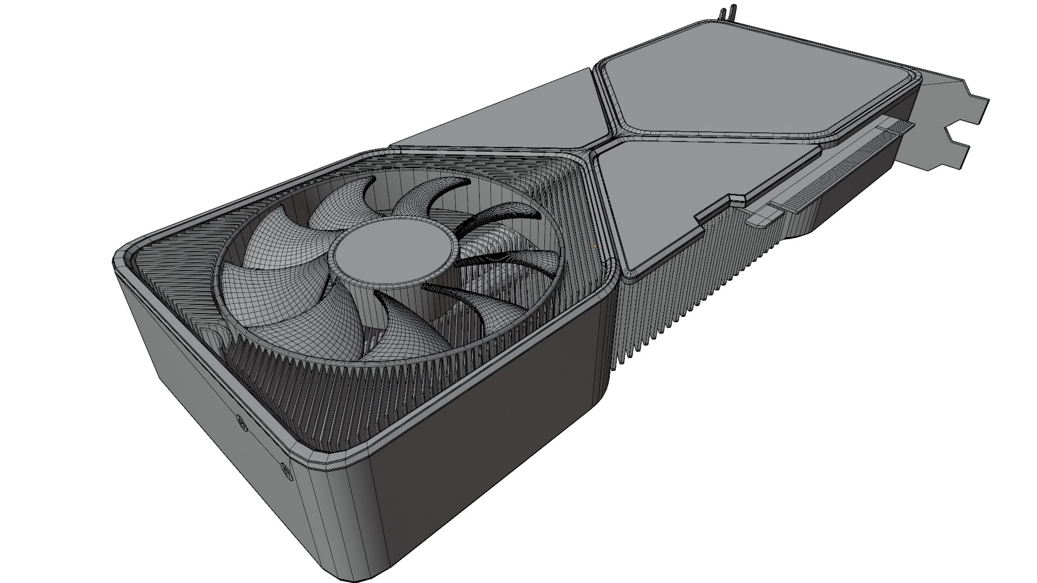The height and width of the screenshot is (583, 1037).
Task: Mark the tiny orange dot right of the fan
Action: [595, 246]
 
